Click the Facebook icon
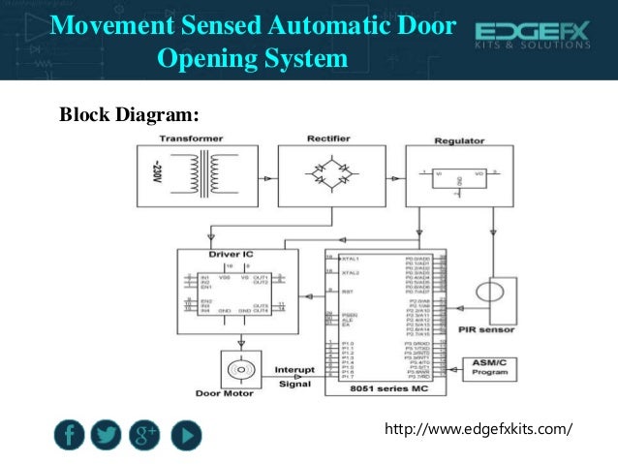tap(67, 436)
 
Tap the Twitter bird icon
tap(107, 436)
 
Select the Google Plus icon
tap(146, 436)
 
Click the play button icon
tap(186, 436)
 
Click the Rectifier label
tap(330, 139)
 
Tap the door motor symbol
tap(237, 371)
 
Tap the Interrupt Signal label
tap(294, 375)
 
